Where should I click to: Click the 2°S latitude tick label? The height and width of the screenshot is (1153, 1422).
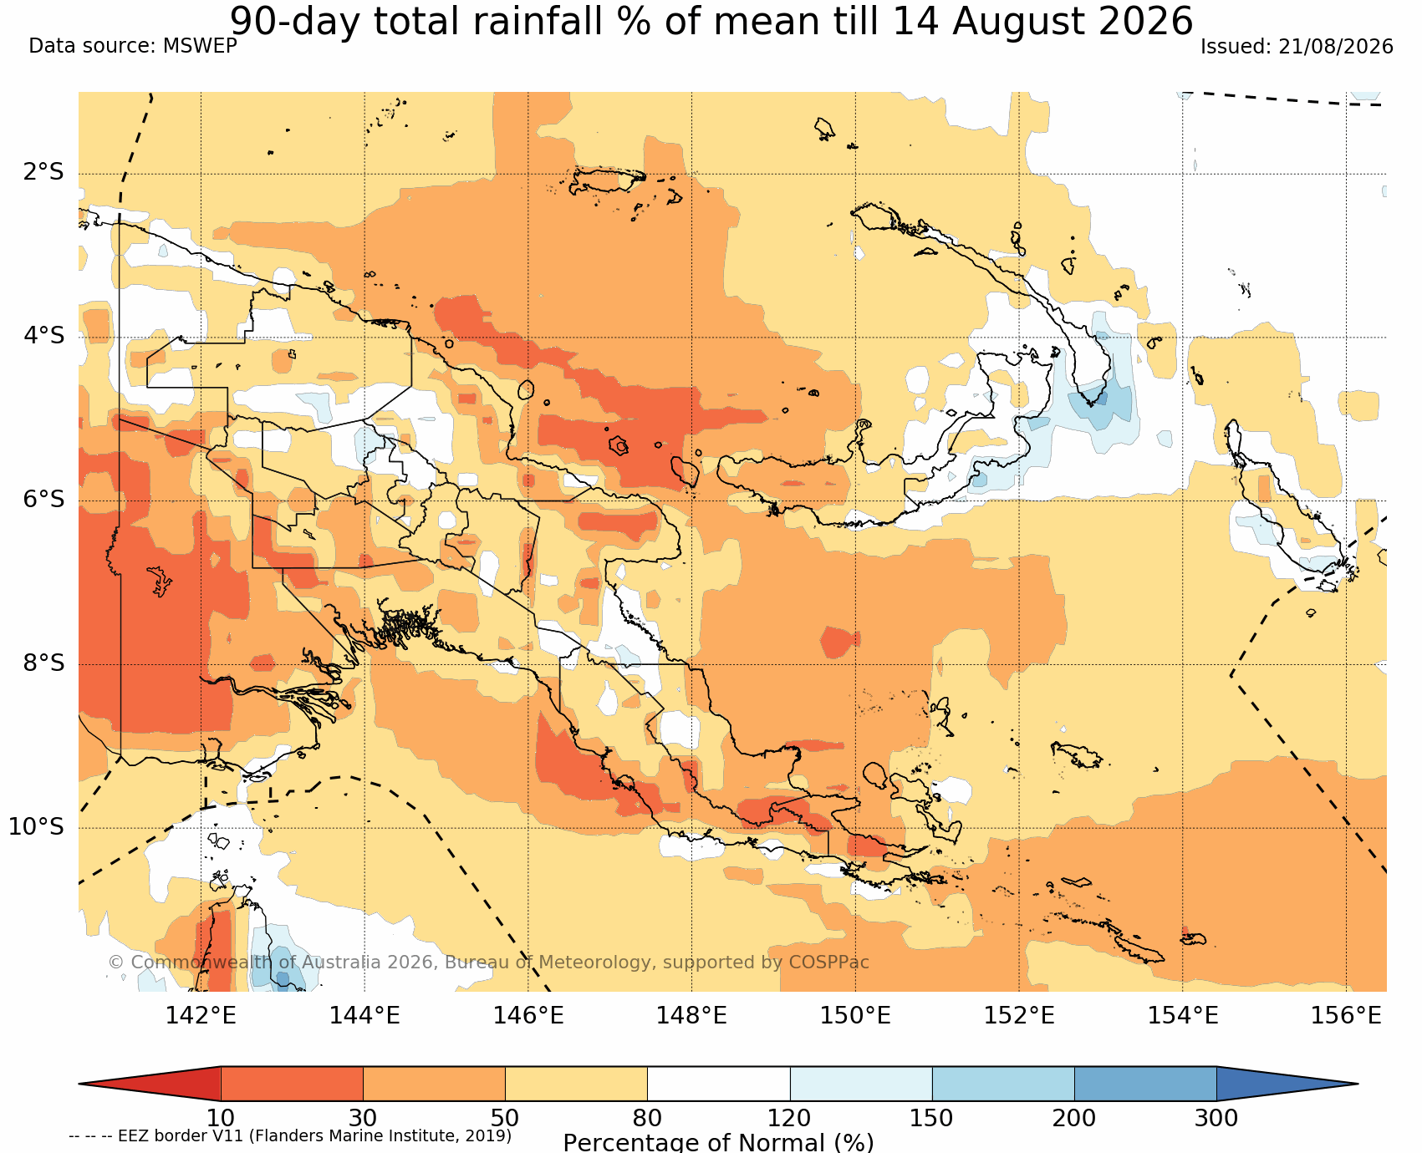43,172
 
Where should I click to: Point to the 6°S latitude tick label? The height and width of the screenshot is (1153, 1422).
43,499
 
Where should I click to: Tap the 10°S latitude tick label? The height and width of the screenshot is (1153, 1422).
37,826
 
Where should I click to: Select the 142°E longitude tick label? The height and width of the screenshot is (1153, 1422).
201,1016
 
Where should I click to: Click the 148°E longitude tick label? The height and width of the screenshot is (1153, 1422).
691,1016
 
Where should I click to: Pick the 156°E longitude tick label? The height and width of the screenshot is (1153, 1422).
1346,1016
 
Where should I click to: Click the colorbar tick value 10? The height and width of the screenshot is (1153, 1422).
221,1118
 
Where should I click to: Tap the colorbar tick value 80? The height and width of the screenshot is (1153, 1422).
647,1118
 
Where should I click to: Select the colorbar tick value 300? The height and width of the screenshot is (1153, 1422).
1216,1118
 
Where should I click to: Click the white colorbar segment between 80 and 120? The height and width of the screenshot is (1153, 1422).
719,1084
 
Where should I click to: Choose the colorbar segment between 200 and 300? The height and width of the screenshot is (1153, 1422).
1145,1084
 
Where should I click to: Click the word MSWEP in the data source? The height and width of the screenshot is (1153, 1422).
200,46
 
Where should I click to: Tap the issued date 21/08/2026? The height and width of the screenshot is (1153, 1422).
1336,47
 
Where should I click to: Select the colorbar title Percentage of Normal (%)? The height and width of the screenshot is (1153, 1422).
718,1142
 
